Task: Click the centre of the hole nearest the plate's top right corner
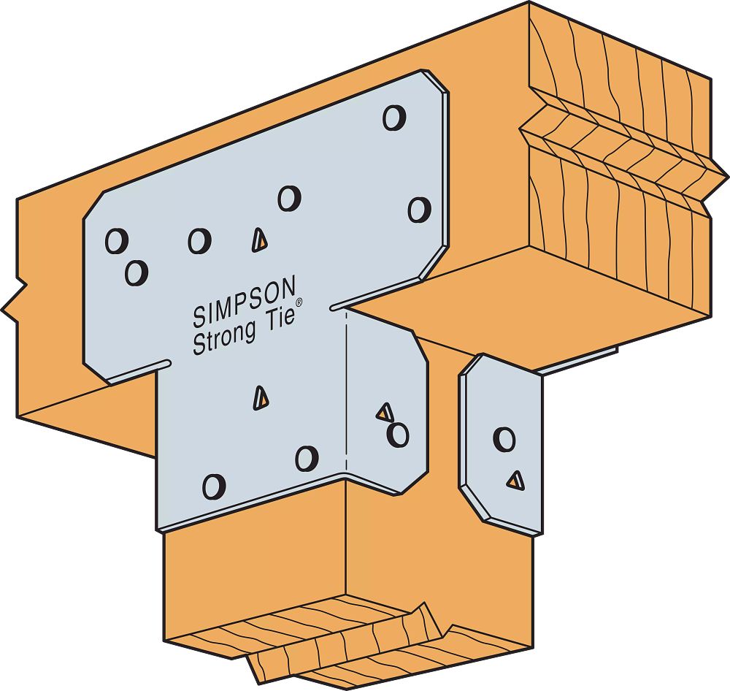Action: click(x=394, y=118)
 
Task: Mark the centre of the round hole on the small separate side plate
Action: click(x=504, y=440)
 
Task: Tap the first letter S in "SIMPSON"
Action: click(x=199, y=317)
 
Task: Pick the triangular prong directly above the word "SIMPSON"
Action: click(x=259, y=240)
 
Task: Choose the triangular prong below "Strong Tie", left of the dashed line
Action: click(x=261, y=398)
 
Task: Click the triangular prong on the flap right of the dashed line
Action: click(x=385, y=412)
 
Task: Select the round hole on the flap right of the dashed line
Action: click(x=398, y=435)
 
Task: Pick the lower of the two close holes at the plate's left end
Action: click(x=137, y=272)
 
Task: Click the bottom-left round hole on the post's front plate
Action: click(x=214, y=486)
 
